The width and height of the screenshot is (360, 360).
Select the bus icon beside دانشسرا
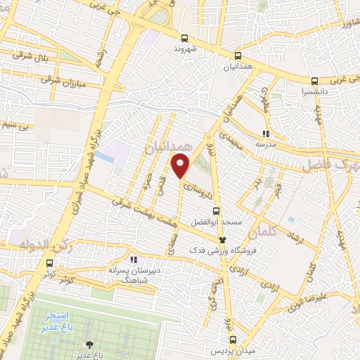tap(315, 79)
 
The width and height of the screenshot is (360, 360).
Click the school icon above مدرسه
tap(265, 133)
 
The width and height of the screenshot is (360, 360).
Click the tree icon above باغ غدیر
tap(89, 344)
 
